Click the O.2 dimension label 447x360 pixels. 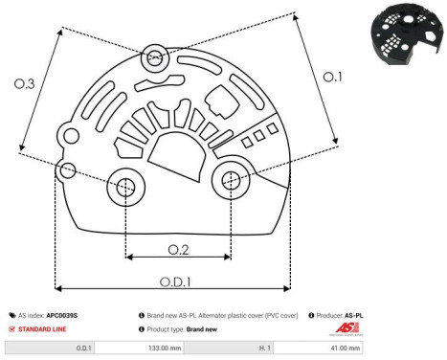tap(177, 250)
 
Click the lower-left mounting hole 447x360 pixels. tap(125, 189)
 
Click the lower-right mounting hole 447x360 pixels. tap(230, 179)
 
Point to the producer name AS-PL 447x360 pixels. tap(354, 314)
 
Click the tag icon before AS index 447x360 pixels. tap(11, 314)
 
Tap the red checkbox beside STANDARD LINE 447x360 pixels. tap(11, 328)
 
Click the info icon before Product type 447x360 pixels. tap(142, 328)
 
